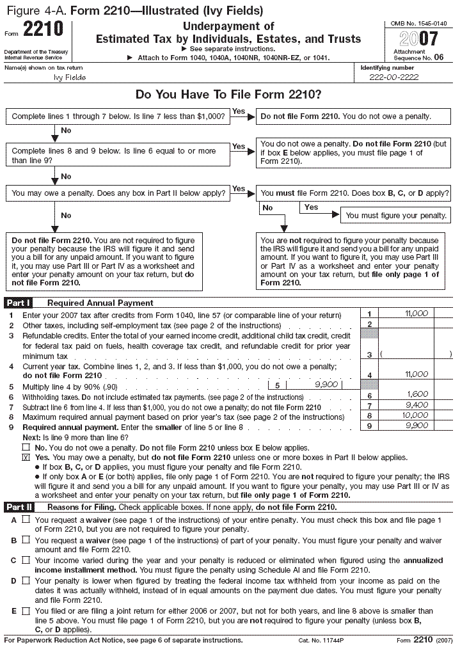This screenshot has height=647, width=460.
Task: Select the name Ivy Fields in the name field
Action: tap(70, 77)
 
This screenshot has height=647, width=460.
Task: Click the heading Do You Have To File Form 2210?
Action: tap(228, 95)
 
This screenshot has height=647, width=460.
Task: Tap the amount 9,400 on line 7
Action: tap(416, 406)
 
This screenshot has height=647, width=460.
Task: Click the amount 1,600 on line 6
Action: tap(418, 395)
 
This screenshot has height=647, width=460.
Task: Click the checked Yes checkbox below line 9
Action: tap(26, 458)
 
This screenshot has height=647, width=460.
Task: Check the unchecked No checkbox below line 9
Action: tap(26, 448)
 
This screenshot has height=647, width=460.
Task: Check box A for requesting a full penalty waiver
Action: tap(26, 520)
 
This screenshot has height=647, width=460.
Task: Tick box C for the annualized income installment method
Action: tap(26, 560)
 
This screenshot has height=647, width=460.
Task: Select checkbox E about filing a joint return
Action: tap(26, 611)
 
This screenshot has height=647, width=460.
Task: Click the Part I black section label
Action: tap(18, 303)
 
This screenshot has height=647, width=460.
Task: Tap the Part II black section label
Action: tap(19, 507)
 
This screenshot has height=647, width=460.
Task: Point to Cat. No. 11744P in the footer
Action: tap(321, 640)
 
